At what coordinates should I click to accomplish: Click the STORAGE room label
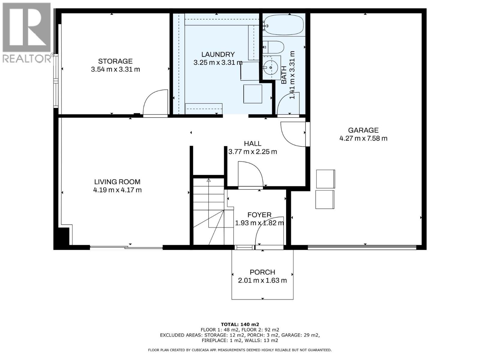tap(115, 61)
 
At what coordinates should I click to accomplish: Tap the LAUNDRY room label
tap(218, 54)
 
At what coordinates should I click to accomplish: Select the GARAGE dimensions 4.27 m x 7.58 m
tap(363, 138)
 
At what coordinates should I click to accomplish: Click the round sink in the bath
tap(271, 67)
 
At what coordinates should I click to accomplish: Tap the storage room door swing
tap(155, 103)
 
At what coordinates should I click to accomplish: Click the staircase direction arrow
tap(208, 180)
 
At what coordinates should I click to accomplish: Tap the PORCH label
tap(262, 272)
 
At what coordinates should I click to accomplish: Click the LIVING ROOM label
tap(117, 182)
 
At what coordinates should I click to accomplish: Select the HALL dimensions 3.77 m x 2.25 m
tap(253, 152)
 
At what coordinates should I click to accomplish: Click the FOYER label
tap(259, 215)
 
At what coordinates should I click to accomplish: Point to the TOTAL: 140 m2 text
tap(240, 324)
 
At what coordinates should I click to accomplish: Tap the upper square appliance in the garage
tap(325, 179)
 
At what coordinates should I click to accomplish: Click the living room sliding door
tap(126, 247)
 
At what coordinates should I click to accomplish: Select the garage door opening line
tap(362, 247)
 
